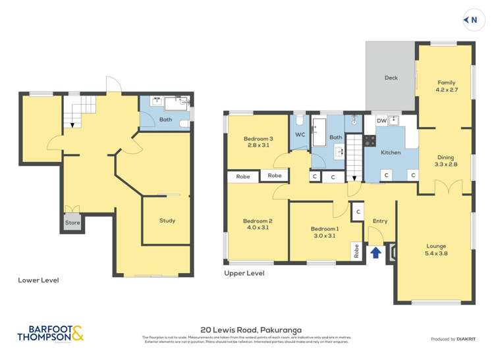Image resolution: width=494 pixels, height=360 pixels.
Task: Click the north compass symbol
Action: [x=471, y=20]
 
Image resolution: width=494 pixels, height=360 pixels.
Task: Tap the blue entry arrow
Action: [x=375, y=252]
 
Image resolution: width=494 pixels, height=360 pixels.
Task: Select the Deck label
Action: [x=391, y=78]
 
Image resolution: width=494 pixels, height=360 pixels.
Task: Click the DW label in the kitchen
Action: [x=381, y=120]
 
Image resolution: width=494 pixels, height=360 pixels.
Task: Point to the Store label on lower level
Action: [x=72, y=223]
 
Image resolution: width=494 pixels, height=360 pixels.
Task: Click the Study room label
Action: [x=167, y=220]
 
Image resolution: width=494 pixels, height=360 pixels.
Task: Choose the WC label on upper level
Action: [x=300, y=135]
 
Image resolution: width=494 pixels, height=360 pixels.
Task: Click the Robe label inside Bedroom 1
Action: [x=356, y=251]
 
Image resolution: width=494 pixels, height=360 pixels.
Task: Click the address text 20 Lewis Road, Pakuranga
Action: [x=246, y=332]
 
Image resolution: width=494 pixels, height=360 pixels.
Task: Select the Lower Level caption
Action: [x=38, y=280]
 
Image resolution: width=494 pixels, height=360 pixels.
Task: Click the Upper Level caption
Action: [x=244, y=272]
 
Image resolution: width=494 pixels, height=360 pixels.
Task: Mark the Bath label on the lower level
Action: [x=165, y=119]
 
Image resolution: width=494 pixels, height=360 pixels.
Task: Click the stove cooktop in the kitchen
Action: [x=370, y=140]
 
